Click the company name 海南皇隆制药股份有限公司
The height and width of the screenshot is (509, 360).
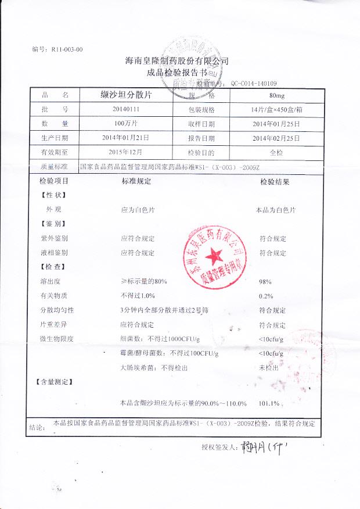click(178, 60)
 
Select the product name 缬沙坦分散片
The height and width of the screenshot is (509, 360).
click(127, 95)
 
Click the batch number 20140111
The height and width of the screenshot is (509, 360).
click(127, 109)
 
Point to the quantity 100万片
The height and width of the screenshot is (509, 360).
click(127, 124)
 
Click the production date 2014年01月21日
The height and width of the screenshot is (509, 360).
click(126, 138)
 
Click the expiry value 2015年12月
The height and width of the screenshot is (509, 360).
click(126, 153)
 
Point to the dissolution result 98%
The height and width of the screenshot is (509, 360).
click(265, 282)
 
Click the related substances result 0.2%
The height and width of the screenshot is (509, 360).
click(265, 296)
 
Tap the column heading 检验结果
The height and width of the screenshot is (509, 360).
click(275, 182)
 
